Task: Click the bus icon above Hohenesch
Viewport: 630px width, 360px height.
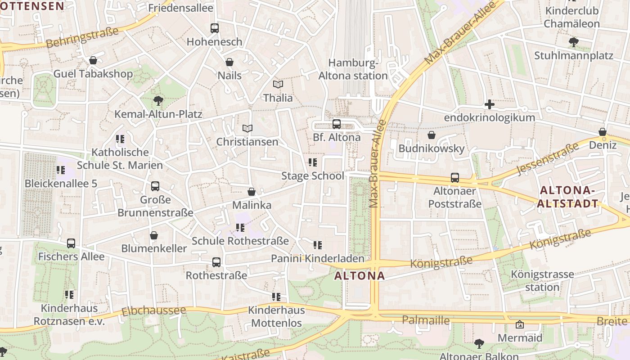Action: tap(215, 28)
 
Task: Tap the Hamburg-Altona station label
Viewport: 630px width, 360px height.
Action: tap(353, 69)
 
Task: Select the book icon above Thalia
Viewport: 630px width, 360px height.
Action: tap(278, 84)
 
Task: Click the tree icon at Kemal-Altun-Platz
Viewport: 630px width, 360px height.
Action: tap(158, 100)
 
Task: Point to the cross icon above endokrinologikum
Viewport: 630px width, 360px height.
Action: tap(490, 105)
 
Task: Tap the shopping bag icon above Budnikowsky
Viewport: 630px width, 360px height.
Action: tap(432, 135)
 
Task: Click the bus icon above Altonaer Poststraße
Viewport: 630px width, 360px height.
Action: tap(455, 178)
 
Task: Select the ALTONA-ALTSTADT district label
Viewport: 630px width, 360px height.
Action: tap(568, 197)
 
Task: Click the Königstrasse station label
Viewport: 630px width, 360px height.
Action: tap(542, 280)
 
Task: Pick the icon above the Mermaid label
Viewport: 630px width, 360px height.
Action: tap(520, 324)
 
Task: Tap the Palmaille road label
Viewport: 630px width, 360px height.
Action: tap(426, 320)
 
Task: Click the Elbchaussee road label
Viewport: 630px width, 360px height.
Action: tap(154, 310)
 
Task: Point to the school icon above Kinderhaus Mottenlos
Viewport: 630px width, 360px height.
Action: tap(276, 297)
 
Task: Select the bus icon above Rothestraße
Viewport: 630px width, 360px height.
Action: tap(216, 262)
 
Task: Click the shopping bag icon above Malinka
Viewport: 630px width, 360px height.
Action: tap(252, 192)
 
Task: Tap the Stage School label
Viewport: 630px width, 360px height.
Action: tap(312, 176)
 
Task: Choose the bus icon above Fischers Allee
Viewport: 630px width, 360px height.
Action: tap(71, 243)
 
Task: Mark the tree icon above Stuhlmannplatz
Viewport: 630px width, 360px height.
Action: tap(573, 42)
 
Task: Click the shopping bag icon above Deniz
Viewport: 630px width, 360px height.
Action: tap(603, 132)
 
